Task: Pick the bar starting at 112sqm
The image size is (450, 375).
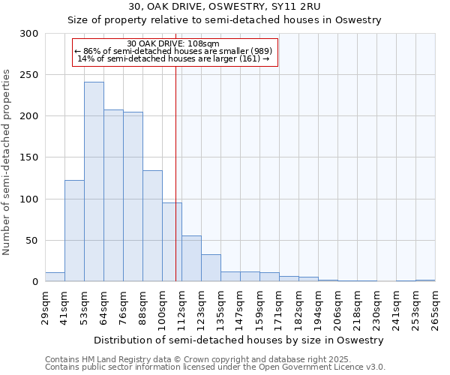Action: [191, 259]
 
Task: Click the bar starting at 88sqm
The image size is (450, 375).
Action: [152, 226]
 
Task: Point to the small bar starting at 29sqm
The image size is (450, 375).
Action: [55, 277]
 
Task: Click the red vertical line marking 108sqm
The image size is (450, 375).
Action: [175, 150]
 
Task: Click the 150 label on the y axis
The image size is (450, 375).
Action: [29, 157]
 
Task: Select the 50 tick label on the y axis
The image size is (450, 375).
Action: [32, 241]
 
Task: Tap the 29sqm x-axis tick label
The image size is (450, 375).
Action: [49, 307]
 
